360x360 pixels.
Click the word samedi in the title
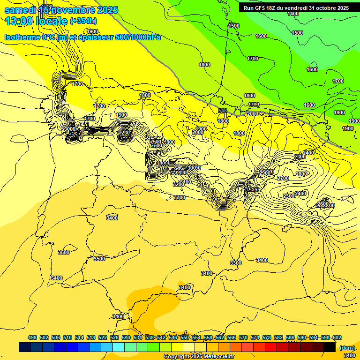(21, 10)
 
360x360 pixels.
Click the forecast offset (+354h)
(83, 21)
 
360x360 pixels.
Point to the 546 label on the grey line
(223, 111)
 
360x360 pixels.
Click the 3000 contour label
(70, 129)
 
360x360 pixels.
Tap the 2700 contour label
(283, 179)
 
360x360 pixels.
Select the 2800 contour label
(301, 174)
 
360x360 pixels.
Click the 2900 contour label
(265, 173)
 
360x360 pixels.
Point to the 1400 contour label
(293, 14)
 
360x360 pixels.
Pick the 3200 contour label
(178, 184)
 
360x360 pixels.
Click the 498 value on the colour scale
(32, 337)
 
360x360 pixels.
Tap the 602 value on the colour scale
(337, 337)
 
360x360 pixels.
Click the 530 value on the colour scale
(126, 337)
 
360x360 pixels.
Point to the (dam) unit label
(347, 348)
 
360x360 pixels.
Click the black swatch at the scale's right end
(330, 347)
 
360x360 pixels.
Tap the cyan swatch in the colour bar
(119, 347)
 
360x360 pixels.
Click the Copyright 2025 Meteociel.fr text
(199, 357)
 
